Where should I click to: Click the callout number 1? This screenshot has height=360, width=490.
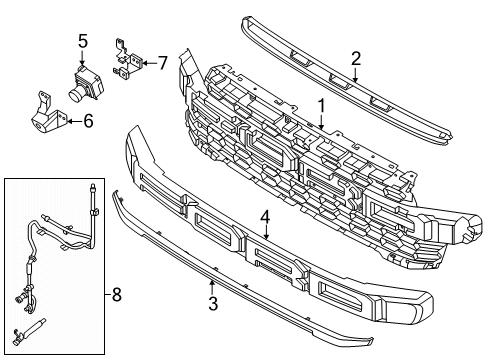coord(321,104)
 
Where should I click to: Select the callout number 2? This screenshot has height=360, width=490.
coord(356,58)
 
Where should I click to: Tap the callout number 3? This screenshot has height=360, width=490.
coord(212,301)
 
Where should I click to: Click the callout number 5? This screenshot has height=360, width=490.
coord(84,41)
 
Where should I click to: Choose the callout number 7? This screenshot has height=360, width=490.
coord(162,63)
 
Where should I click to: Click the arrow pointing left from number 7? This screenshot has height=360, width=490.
coord(146,63)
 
